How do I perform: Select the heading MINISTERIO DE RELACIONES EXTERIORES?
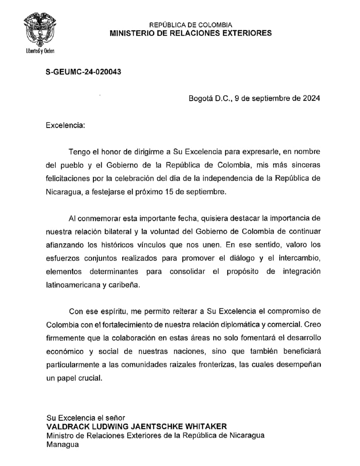tap(191, 33)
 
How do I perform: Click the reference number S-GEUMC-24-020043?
tap(83, 72)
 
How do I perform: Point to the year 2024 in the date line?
tap(311, 99)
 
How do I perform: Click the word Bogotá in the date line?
tap(200, 99)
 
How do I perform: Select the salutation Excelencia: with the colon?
tap(65, 125)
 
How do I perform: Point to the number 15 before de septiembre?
tap(176, 192)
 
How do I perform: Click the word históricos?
tap(153, 244)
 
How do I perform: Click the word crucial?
tap(89, 378)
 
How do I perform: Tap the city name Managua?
tap(62, 444)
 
